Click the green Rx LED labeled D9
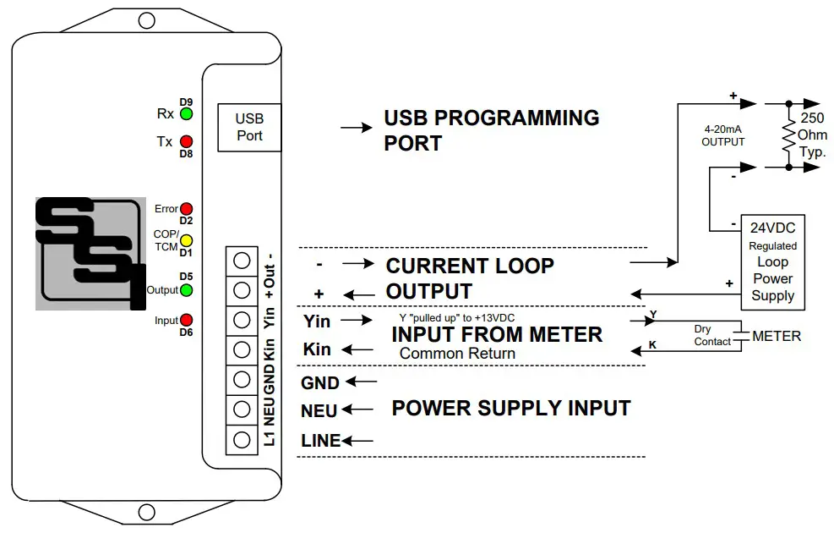pos(185,114)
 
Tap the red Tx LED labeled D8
pos(185,141)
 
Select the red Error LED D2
pos(187,209)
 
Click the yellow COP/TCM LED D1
pos(187,240)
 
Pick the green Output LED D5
pos(186,290)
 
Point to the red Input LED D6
pos(186,320)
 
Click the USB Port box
pos(249,128)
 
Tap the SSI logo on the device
pos(85,253)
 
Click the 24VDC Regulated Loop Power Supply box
pos(772,261)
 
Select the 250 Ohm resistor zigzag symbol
pos(788,136)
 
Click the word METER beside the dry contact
pos(777,337)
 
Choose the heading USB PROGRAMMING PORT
pos(491,130)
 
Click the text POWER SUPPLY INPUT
pos(510,408)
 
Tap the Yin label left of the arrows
pos(316,321)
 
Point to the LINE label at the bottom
pos(320,441)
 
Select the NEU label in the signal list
pos(319,411)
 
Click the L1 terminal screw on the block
pos(242,440)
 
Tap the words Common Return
pos(456,354)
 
